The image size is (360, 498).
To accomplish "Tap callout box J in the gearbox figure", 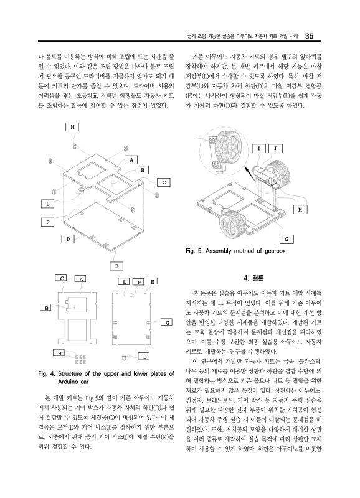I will point(276,148).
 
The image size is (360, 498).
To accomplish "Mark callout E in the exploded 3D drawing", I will point(116,266).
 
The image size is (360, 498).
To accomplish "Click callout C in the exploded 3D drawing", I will point(163,182).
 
